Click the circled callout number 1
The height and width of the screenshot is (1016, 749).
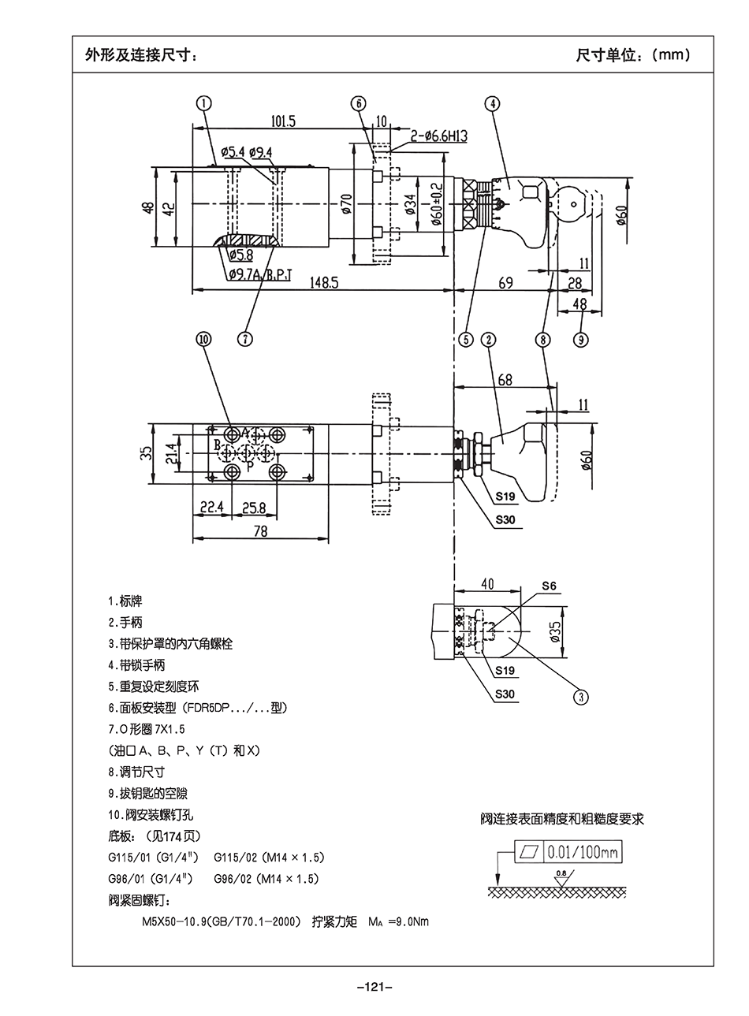point(204,102)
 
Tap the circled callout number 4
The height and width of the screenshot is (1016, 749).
point(492,102)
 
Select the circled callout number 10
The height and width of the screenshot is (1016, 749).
point(204,339)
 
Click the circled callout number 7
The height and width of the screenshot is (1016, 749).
point(246,339)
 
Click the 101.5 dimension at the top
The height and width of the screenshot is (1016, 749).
point(282,121)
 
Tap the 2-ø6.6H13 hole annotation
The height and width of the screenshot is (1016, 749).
point(438,136)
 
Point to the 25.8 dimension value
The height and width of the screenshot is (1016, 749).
point(254,508)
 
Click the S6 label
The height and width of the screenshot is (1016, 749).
point(549,586)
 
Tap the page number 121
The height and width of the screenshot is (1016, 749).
point(374,987)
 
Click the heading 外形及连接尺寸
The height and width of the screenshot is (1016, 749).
point(141,55)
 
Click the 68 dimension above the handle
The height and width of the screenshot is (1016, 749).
point(505,380)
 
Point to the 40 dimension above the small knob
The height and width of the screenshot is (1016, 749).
point(487,584)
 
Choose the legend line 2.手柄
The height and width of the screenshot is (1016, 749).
point(125,622)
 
